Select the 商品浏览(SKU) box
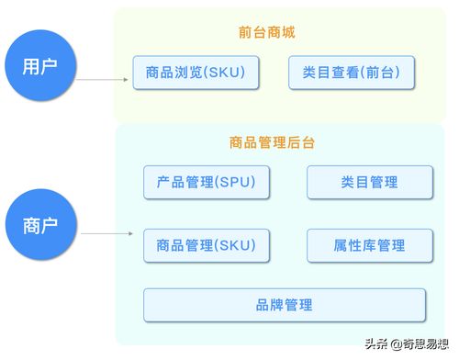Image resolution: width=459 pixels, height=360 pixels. point(195,72)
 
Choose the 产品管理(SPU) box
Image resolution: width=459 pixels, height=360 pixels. point(207,182)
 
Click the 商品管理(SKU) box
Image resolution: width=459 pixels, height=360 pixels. point(207,245)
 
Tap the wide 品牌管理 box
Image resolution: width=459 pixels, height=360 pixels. point(285,305)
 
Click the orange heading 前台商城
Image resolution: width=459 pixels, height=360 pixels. point(273,33)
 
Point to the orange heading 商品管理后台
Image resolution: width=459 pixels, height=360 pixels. point(273,142)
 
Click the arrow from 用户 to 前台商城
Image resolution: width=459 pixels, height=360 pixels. point(101,81)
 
